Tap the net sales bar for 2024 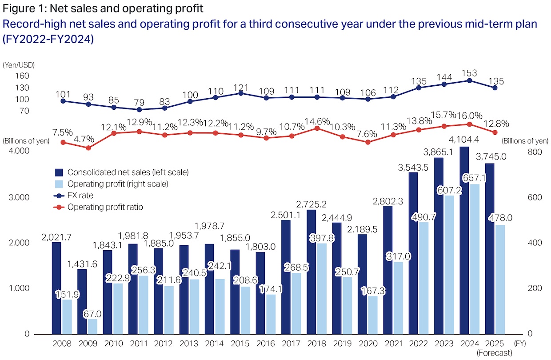464,240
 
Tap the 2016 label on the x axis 266,344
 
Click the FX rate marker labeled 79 139,109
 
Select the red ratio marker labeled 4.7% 88,148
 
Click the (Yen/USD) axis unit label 19,65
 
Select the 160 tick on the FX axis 22,76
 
